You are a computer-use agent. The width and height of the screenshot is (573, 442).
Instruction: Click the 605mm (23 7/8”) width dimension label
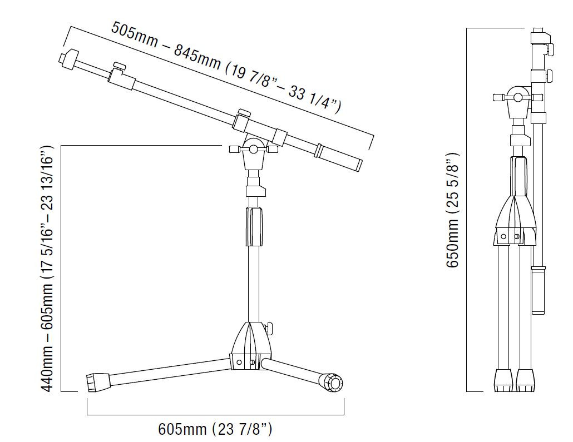(215, 429)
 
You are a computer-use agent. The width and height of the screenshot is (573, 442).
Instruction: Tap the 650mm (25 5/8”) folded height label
(452, 210)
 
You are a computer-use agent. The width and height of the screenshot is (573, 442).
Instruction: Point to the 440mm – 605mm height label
(47, 269)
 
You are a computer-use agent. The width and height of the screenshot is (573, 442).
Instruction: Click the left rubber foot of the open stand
(98, 383)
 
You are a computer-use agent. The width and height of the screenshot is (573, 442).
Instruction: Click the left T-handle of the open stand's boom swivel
(235, 149)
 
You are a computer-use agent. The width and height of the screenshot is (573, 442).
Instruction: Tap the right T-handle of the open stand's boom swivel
(273, 149)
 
